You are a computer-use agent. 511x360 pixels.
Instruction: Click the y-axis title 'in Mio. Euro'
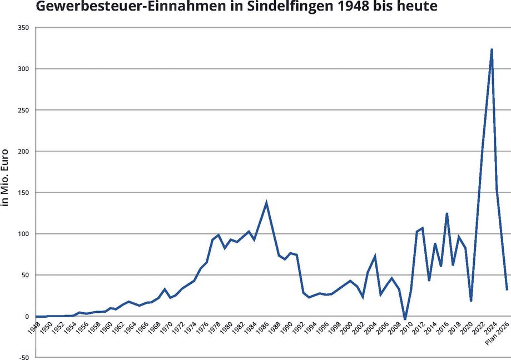click(6, 178)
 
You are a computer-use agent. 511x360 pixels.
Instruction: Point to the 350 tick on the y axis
click(23, 27)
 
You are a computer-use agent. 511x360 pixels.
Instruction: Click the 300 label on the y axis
click(23, 68)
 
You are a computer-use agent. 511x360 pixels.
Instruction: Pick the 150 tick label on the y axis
click(23, 192)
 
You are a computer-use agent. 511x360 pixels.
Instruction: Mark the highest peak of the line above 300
click(492, 49)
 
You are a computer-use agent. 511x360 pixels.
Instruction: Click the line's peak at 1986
click(266, 203)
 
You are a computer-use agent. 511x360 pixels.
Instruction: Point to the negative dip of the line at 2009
click(405, 319)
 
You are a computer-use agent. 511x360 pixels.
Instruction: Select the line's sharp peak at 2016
click(446, 213)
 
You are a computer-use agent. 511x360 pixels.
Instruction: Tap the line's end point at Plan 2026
click(507, 289)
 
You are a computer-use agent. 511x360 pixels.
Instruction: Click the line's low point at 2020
click(471, 301)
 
